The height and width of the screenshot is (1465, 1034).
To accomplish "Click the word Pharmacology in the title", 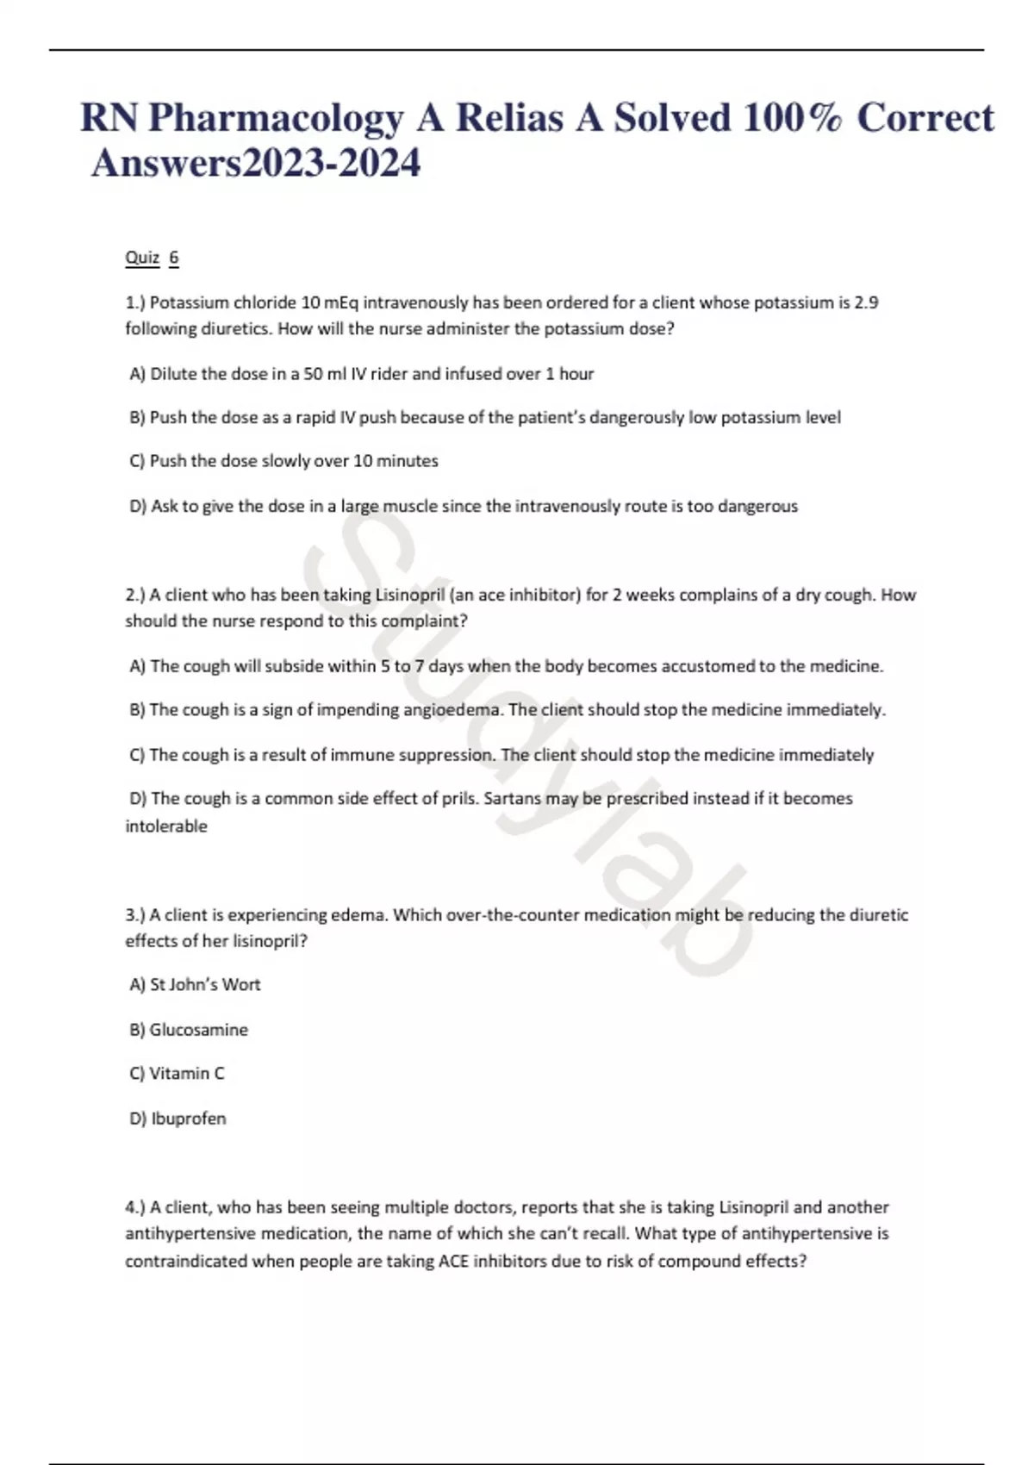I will [275, 118].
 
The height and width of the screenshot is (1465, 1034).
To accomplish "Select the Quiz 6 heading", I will [152, 258].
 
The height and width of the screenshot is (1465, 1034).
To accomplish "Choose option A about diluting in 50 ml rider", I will [362, 374].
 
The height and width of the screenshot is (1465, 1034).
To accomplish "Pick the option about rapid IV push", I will [485, 418].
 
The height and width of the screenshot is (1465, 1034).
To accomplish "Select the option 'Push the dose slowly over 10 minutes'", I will [284, 461].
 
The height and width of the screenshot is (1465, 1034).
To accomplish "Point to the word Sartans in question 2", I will [512, 799].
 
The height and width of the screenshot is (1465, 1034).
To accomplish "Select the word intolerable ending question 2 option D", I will [166, 826].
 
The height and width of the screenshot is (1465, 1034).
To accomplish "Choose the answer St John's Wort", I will [196, 985].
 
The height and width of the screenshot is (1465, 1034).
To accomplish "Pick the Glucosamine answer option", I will [190, 1030].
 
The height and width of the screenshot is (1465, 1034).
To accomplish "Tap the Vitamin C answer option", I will [178, 1074].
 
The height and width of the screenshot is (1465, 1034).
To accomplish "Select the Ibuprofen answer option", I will [178, 1119].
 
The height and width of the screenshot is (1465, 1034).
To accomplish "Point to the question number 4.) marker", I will [135, 1207].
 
